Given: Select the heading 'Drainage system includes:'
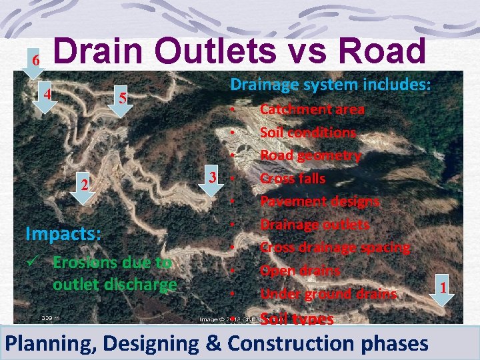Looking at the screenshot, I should [x=331, y=85].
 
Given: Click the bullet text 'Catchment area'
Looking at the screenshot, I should [x=312, y=109].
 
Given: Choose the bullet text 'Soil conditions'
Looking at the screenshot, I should [x=308, y=132].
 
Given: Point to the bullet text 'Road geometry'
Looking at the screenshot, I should [x=310, y=155].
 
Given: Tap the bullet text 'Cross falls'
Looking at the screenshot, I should [x=293, y=178].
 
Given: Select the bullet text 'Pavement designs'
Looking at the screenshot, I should [x=320, y=201].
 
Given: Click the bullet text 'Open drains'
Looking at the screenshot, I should [x=300, y=270].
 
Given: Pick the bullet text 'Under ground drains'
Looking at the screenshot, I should [x=328, y=293].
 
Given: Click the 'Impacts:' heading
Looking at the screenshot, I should [x=63, y=234].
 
